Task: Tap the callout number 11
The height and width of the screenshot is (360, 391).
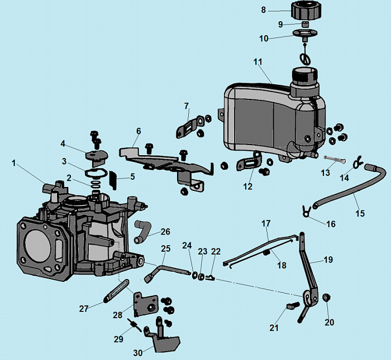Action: [258, 62]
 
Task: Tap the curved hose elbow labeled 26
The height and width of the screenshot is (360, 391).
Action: [141, 231]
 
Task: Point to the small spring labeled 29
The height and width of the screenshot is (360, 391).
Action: [133, 324]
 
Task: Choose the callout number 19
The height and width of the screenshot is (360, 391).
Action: [328, 260]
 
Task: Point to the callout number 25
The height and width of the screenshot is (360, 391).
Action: [165, 248]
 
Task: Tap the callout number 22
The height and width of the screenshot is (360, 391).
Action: [216, 252]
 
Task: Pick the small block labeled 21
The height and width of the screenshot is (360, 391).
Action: [290, 306]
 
